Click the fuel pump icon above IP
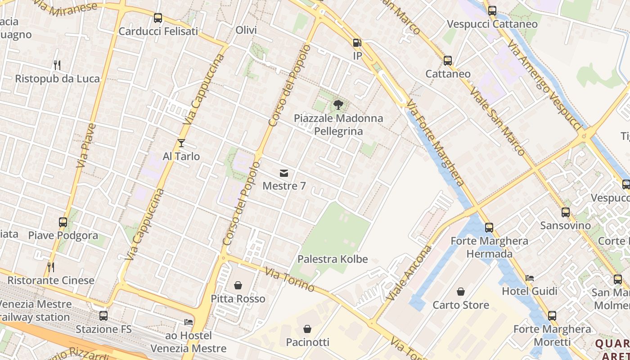357,43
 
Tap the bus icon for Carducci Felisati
158,18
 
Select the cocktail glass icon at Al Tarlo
181,143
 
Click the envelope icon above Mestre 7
283,173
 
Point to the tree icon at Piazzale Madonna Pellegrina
338,105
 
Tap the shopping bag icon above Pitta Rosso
238,285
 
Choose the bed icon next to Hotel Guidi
530,278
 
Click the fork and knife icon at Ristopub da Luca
57,65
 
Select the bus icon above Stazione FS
103,316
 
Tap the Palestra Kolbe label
333,259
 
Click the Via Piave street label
87,145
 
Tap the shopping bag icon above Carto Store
461,292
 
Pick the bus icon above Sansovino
566,212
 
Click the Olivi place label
246,30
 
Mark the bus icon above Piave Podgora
63,222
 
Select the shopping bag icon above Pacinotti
307,329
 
